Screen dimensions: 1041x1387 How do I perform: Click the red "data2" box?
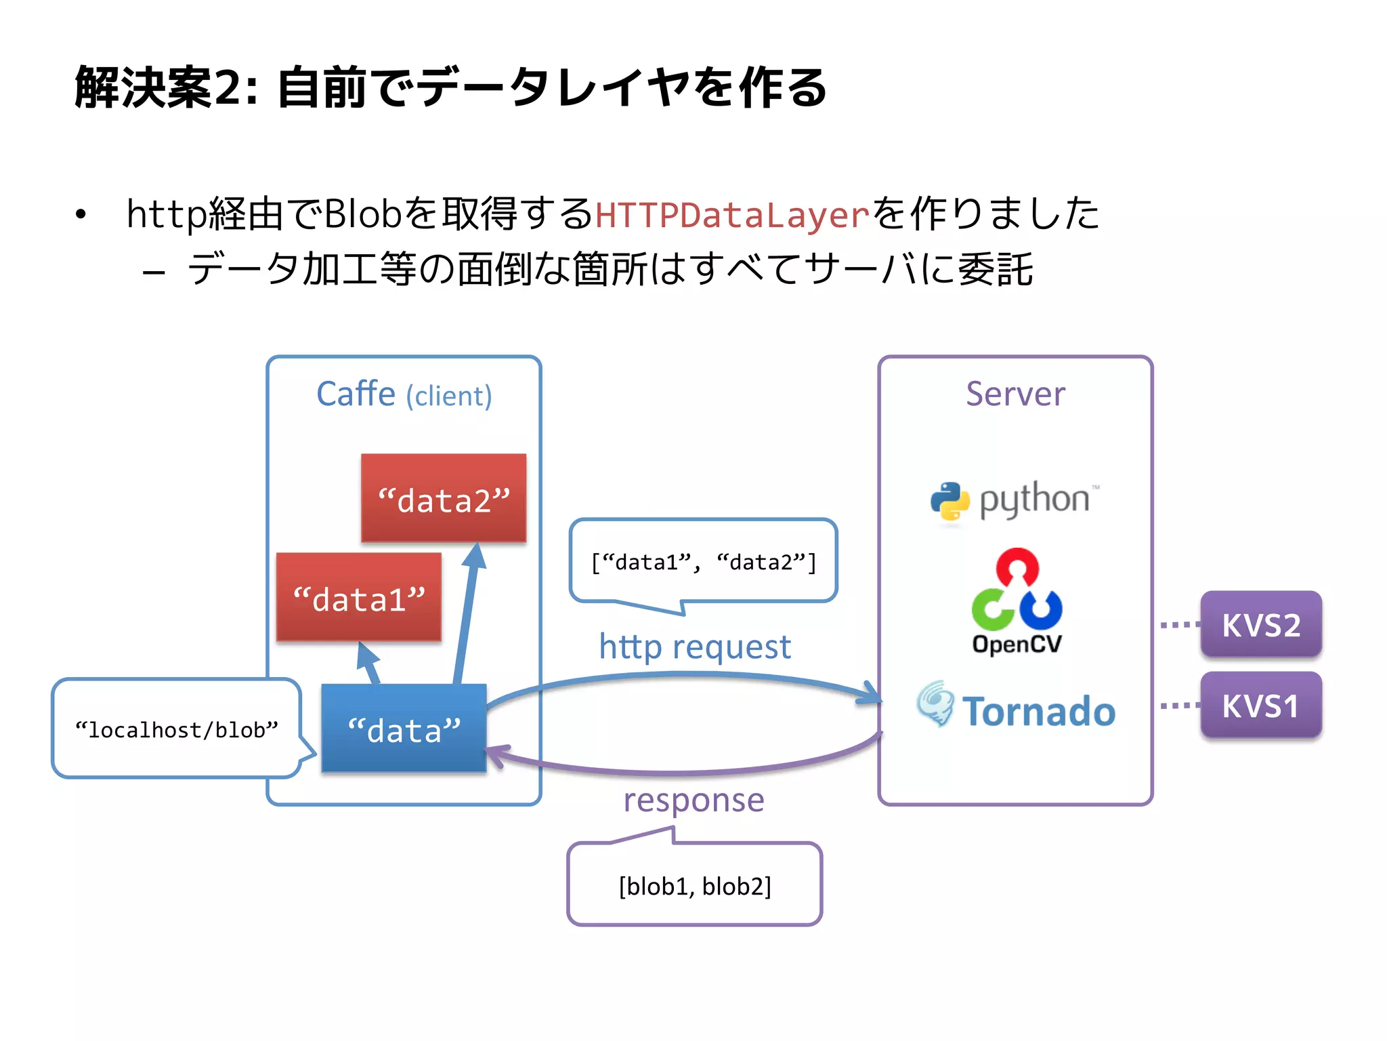(444, 498)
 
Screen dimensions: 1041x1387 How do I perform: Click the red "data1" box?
(358, 597)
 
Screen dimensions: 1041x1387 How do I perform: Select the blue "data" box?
(404, 729)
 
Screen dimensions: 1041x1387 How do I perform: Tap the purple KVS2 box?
(1260, 624)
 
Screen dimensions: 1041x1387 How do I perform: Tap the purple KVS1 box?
(1260, 706)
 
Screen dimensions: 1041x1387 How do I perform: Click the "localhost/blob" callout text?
(177, 730)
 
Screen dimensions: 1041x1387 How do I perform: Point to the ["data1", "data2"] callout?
(704, 562)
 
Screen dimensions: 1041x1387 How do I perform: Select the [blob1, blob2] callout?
(695, 886)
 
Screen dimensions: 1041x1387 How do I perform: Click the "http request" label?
(695, 647)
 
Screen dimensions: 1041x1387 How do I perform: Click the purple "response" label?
(693, 800)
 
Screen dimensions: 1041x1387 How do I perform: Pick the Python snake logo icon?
(949, 502)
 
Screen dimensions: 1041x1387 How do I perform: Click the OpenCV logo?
(1017, 600)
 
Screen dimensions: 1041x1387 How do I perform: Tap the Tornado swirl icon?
(936, 704)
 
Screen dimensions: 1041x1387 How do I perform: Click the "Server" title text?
(1015, 394)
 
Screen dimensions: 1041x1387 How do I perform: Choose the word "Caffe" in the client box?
(356, 394)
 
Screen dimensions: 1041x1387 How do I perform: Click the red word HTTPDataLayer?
(731, 215)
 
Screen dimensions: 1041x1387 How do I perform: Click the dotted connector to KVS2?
(1180, 624)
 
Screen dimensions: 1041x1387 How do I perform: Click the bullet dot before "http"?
(81, 215)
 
